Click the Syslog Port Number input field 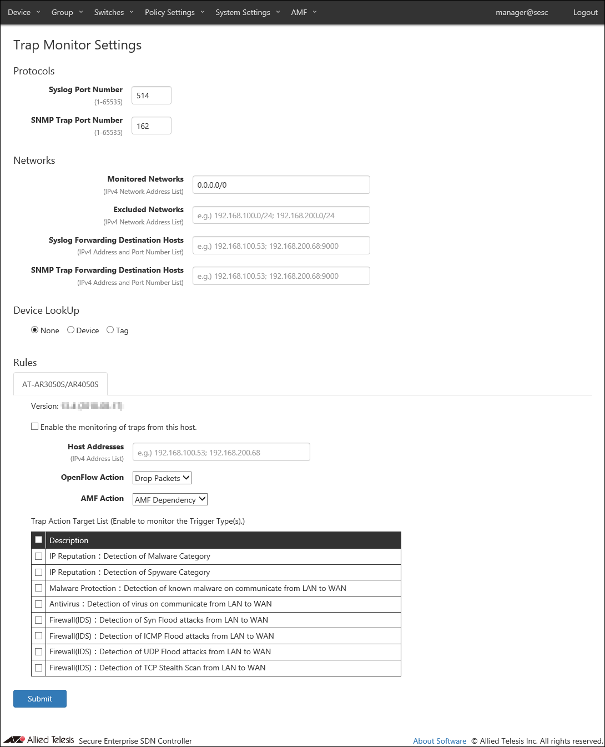(x=151, y=96)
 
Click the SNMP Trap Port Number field (x=151, y=126)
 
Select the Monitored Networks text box (x=281, y=185)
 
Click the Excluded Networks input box (x=281, y=215)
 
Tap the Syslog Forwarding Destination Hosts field (x=281, y=246)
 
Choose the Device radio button (x=71, y=330)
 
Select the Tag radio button (x=110, y=330)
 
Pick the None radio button (x=35, y=330)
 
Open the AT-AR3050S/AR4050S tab (x=60, y=384)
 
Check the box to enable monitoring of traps (x=35, y=427)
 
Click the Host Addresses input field (x=221, y=452)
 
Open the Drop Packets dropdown (x=162, y=478)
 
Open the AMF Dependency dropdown (x=170, y=499)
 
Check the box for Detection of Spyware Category (x=39, y=572)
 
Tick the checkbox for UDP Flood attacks (x=39, y=651)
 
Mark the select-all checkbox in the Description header (x=39, y=540)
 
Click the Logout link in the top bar (x=585, y=12)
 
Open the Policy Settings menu (x=174, y=12)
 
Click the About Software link (x=440, y=741)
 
